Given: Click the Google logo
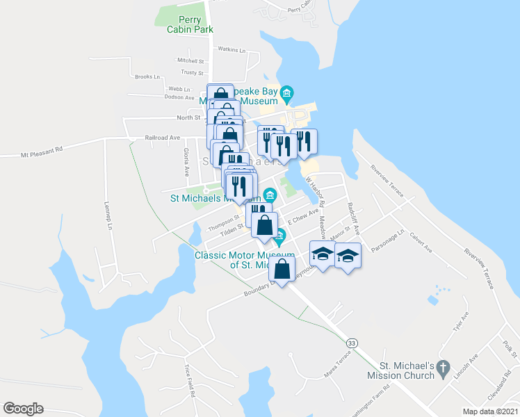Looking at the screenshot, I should coord(23,409).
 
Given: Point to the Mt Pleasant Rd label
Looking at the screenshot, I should coord(42,149).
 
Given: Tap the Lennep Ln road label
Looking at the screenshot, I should coord(108,215).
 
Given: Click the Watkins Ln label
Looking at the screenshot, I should coord(232,49).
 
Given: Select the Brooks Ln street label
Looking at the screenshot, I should coord(147,76).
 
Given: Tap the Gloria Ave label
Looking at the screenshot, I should coord(186,161).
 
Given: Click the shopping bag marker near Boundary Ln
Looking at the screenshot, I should coord(282,268).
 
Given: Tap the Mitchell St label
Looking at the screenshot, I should coord(190,60).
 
